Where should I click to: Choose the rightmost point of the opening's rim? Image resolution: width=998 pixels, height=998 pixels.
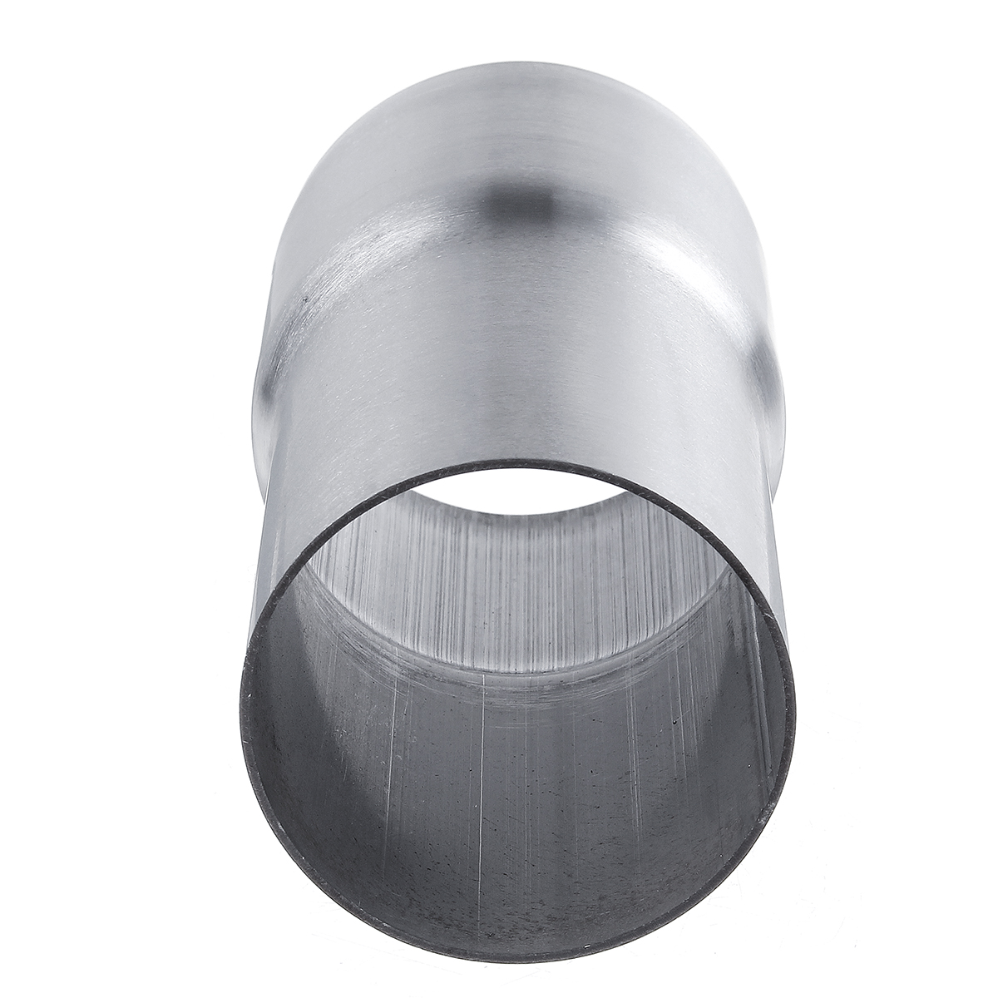(x=795, y=707)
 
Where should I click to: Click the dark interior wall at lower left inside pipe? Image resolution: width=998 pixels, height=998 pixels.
(x=333, y=790)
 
